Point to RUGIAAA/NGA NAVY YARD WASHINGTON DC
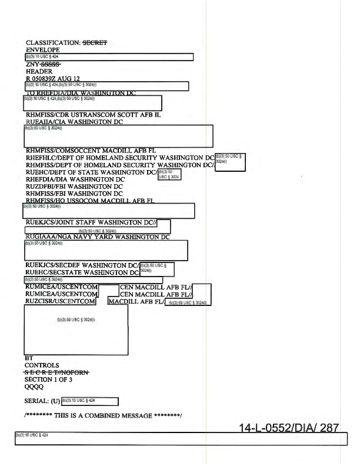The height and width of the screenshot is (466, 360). (x=98, y=237)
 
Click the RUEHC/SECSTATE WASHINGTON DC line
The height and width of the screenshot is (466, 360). (x=82, y=272)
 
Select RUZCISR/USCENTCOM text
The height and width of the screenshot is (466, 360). (x=60, y=301)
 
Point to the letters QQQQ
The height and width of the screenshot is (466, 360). (x=35, y=387)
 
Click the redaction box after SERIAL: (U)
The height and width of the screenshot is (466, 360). (x=90, y=401)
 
